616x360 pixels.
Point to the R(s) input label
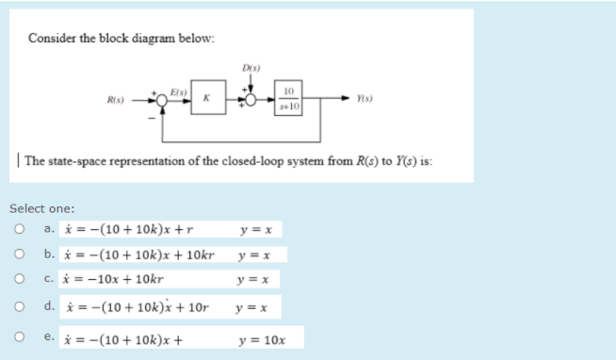117,97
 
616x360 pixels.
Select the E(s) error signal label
179,90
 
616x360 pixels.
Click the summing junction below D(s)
251,97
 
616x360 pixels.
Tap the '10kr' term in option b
199,255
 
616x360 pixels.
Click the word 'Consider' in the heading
51,39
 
